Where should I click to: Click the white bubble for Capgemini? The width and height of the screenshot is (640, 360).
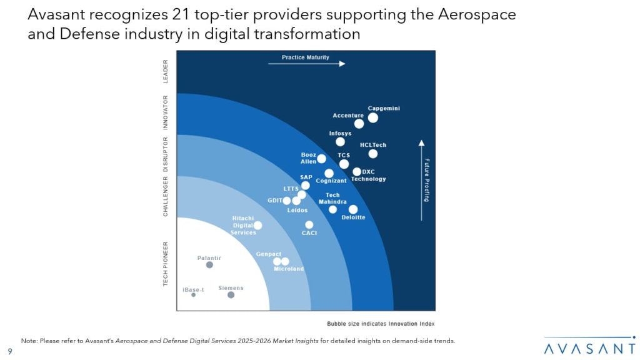(373, 117)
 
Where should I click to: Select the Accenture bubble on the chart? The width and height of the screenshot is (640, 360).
(359, 124)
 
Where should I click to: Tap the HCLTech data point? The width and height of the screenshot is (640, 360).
(373, 154)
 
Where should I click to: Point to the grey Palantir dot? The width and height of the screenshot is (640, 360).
(209, 265)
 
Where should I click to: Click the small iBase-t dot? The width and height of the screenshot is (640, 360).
(193, 295)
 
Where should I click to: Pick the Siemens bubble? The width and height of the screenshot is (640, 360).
(231, 295)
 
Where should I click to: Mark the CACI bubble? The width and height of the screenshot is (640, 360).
(309, 225)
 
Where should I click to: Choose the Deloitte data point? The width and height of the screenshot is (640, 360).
(353, 209)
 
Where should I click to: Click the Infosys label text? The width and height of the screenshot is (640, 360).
(341, 134)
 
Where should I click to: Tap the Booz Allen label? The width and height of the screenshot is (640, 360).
(309, 158)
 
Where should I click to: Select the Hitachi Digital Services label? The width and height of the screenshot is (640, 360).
(244, 225)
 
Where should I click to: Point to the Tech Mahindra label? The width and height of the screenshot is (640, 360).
(332, 199)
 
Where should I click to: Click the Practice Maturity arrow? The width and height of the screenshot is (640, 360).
(306, 64)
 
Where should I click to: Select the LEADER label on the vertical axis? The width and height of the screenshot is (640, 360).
(166, 71)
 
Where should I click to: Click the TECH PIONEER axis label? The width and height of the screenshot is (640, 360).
(166, 264)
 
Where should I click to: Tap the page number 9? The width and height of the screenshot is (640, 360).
(10, 351)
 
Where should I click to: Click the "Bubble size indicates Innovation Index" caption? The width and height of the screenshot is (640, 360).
(380, 324)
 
